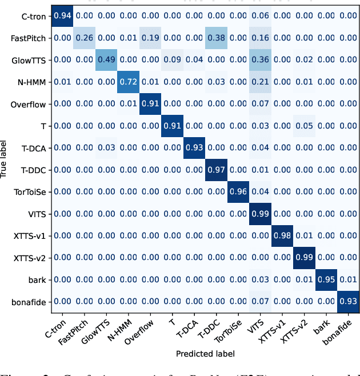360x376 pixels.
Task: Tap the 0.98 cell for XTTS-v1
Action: [x=282, y=236]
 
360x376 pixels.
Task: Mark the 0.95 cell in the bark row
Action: [x=326, y=279]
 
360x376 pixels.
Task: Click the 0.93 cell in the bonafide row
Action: [x=347, y=301]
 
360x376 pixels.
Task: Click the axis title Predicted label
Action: [x=205, y=354]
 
